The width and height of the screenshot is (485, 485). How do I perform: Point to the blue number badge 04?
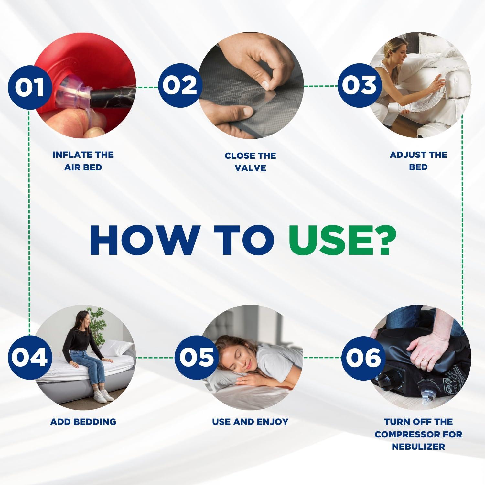coord(30,358)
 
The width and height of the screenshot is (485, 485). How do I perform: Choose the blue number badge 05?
coord(196,358)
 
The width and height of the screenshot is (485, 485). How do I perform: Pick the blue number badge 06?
coord(363,358)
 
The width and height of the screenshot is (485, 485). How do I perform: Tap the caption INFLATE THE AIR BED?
coord(83,161)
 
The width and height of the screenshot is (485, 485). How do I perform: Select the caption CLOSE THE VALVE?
coord(250,162)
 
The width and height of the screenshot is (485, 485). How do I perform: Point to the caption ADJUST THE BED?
coord(418,161)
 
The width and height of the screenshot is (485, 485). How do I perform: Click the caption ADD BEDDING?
coord(83,422)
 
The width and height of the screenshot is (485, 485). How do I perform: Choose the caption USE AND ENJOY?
coord(250,422)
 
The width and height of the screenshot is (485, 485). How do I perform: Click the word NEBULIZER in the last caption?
coord(418,447)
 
